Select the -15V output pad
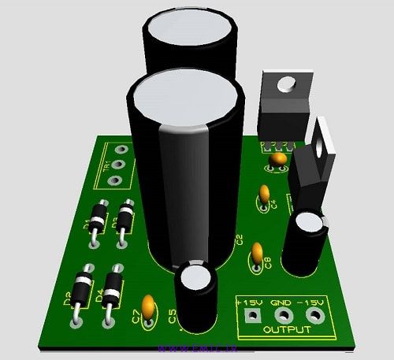314,315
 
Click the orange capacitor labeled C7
147,303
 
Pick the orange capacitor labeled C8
256,253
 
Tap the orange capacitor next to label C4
264,193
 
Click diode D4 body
112,283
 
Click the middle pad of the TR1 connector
117,165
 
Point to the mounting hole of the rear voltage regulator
287,80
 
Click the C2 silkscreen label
240,241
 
